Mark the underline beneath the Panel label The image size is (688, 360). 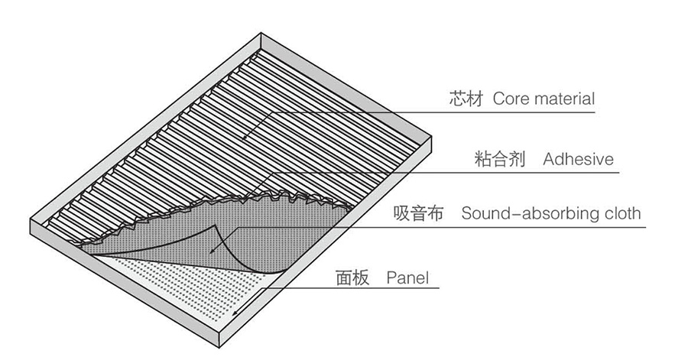[382, 289]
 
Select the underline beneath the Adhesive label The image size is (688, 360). [535, 171]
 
